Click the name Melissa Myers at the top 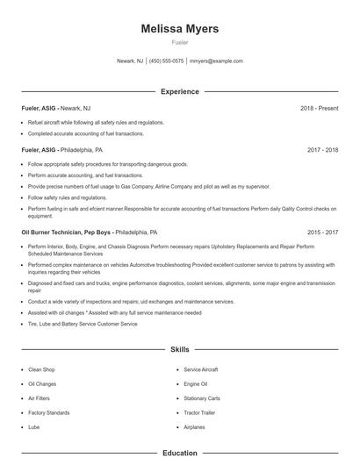[180, 29]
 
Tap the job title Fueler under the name [180, 42]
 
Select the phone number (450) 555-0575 [167, 61]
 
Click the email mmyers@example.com [216, 61]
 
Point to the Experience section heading [180, 91]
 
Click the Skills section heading [180, 349]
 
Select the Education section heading [180, 453]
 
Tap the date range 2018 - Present [319, 108]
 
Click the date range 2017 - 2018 [322, 150]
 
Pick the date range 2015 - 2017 [322, 232]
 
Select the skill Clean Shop [41, 370]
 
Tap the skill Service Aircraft [201, 370]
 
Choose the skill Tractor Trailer [199, 412]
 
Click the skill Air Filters [40, 398]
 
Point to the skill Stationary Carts [202, 398]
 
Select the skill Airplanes [194, 426]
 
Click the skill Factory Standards [48, 412]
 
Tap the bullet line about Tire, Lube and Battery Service [83, 324]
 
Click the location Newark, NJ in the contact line [130, 61]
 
